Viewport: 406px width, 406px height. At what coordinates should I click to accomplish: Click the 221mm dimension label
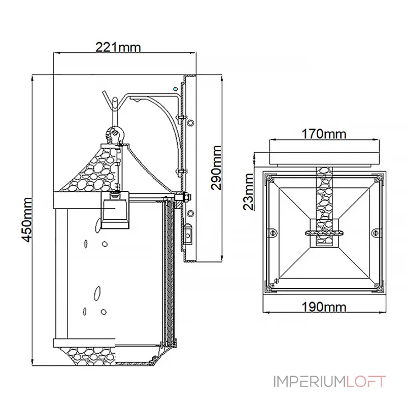pos(118,47)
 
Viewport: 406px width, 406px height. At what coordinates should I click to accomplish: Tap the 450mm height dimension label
pos(27,220)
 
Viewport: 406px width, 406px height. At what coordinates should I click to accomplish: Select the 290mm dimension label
pos(216,167)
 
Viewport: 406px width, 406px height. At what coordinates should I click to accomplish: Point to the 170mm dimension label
pos(324,134)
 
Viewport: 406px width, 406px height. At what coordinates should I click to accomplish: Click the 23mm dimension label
pos(248,192)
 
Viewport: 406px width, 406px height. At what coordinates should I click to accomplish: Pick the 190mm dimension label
pos(324,307)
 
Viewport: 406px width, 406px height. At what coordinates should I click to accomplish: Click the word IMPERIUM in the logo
pos(310,382)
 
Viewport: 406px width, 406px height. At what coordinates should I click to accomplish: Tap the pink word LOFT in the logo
pos(366,382)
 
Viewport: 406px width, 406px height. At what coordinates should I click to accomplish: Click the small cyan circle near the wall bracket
pos(176,89)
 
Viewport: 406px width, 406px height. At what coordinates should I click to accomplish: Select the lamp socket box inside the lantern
pos(115,210)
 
